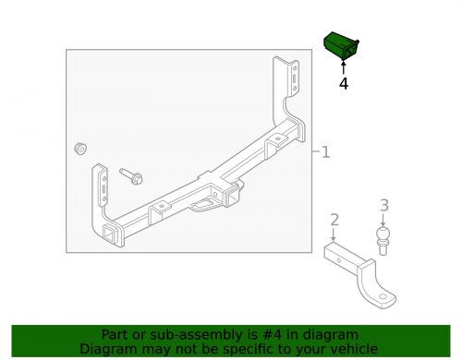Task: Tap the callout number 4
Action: (344, 83)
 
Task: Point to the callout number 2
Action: (335, 219)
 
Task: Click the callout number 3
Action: (384, 206)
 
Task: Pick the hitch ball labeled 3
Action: (384, 242)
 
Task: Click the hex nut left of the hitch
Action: (80, 149)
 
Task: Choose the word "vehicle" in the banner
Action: (352, 349)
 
